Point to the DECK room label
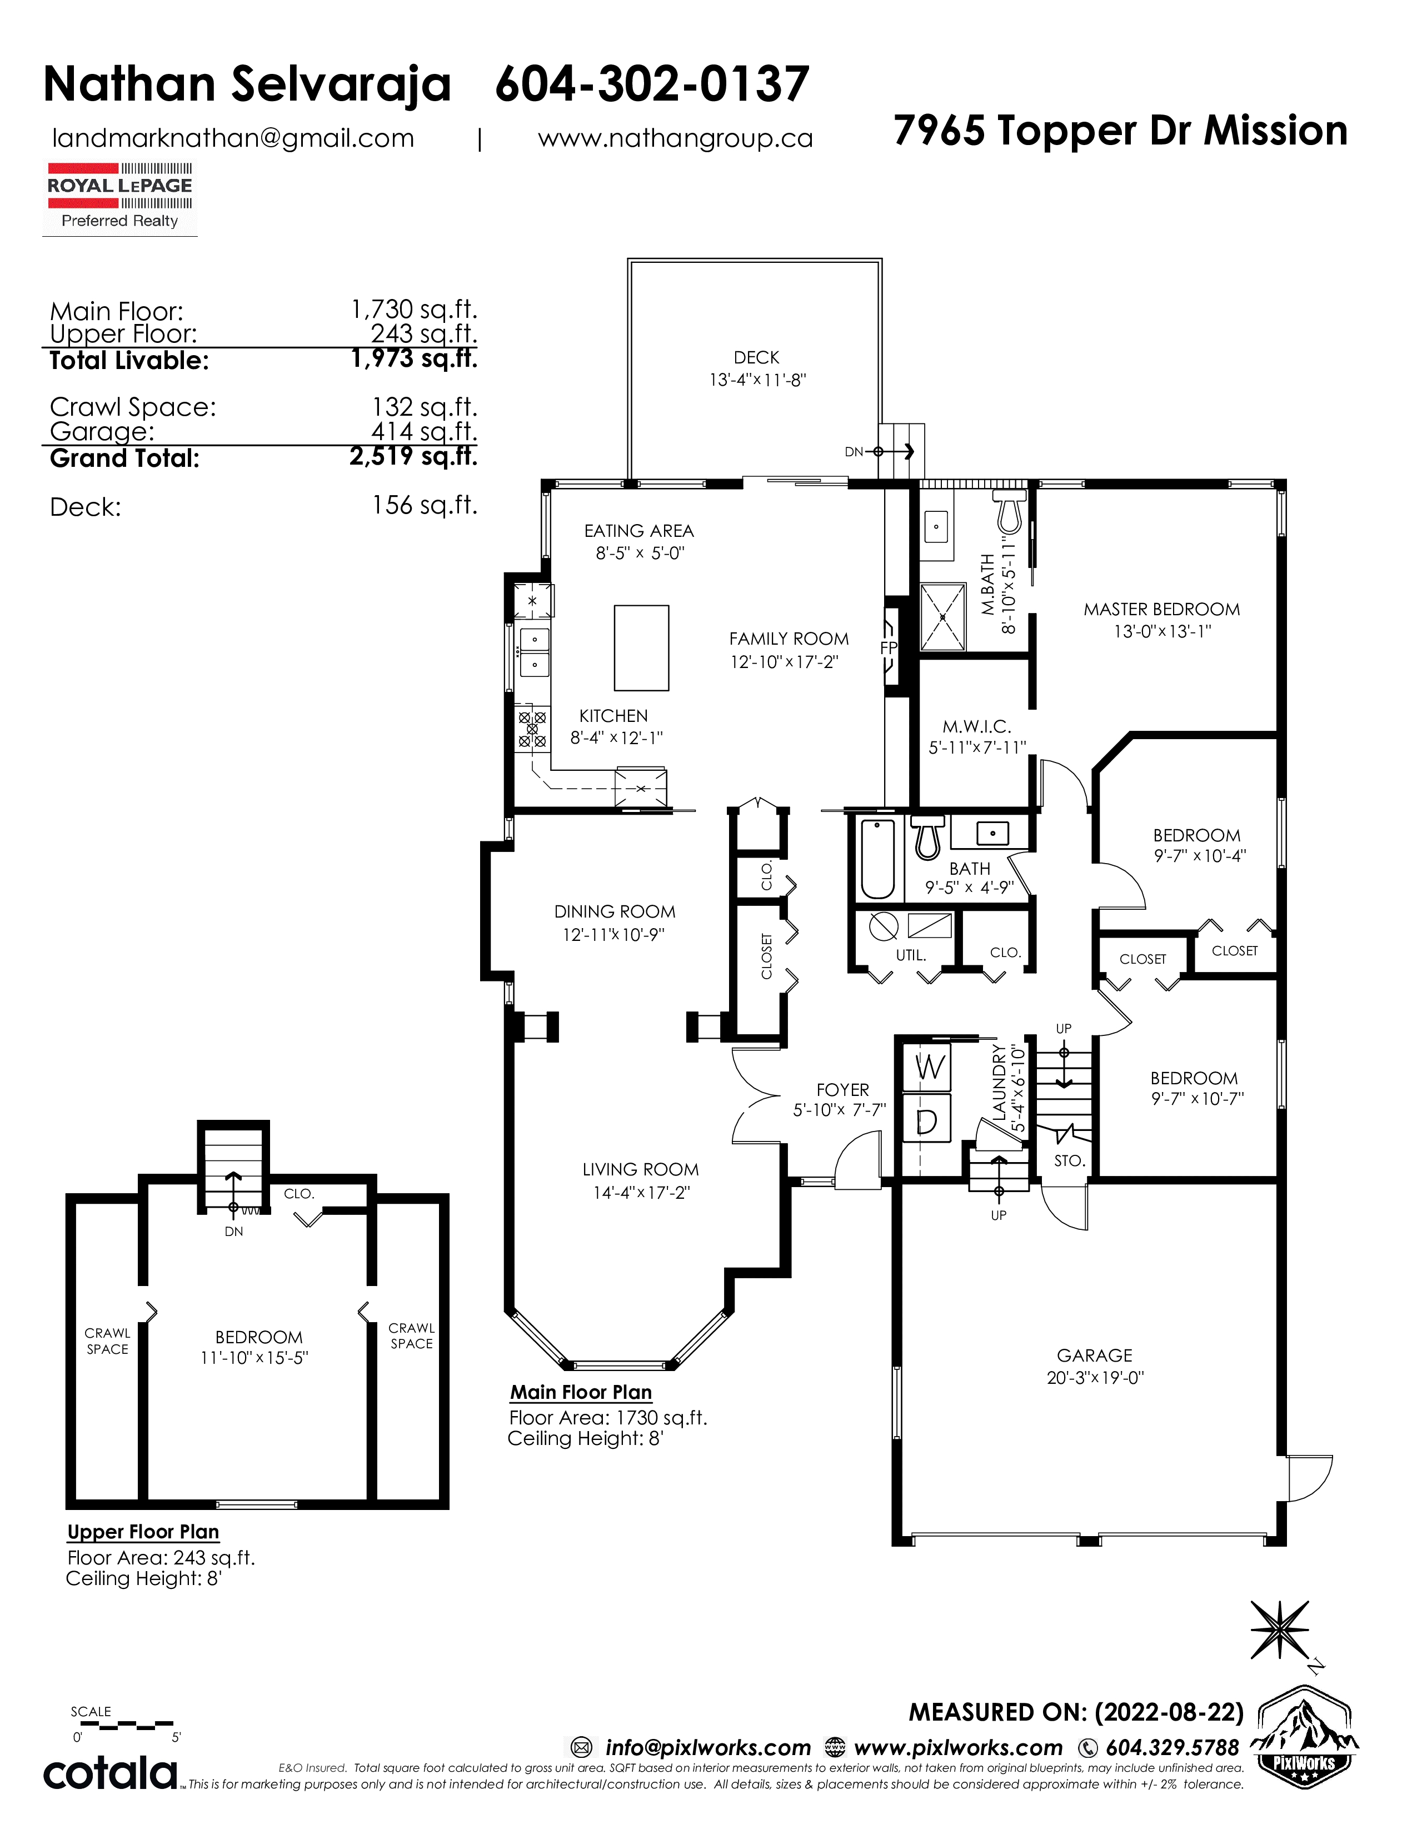point(756,358)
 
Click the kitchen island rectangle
point(641,647)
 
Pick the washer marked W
point(927,1067)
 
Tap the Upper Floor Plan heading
point(143,1531)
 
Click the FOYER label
point(843,1090)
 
